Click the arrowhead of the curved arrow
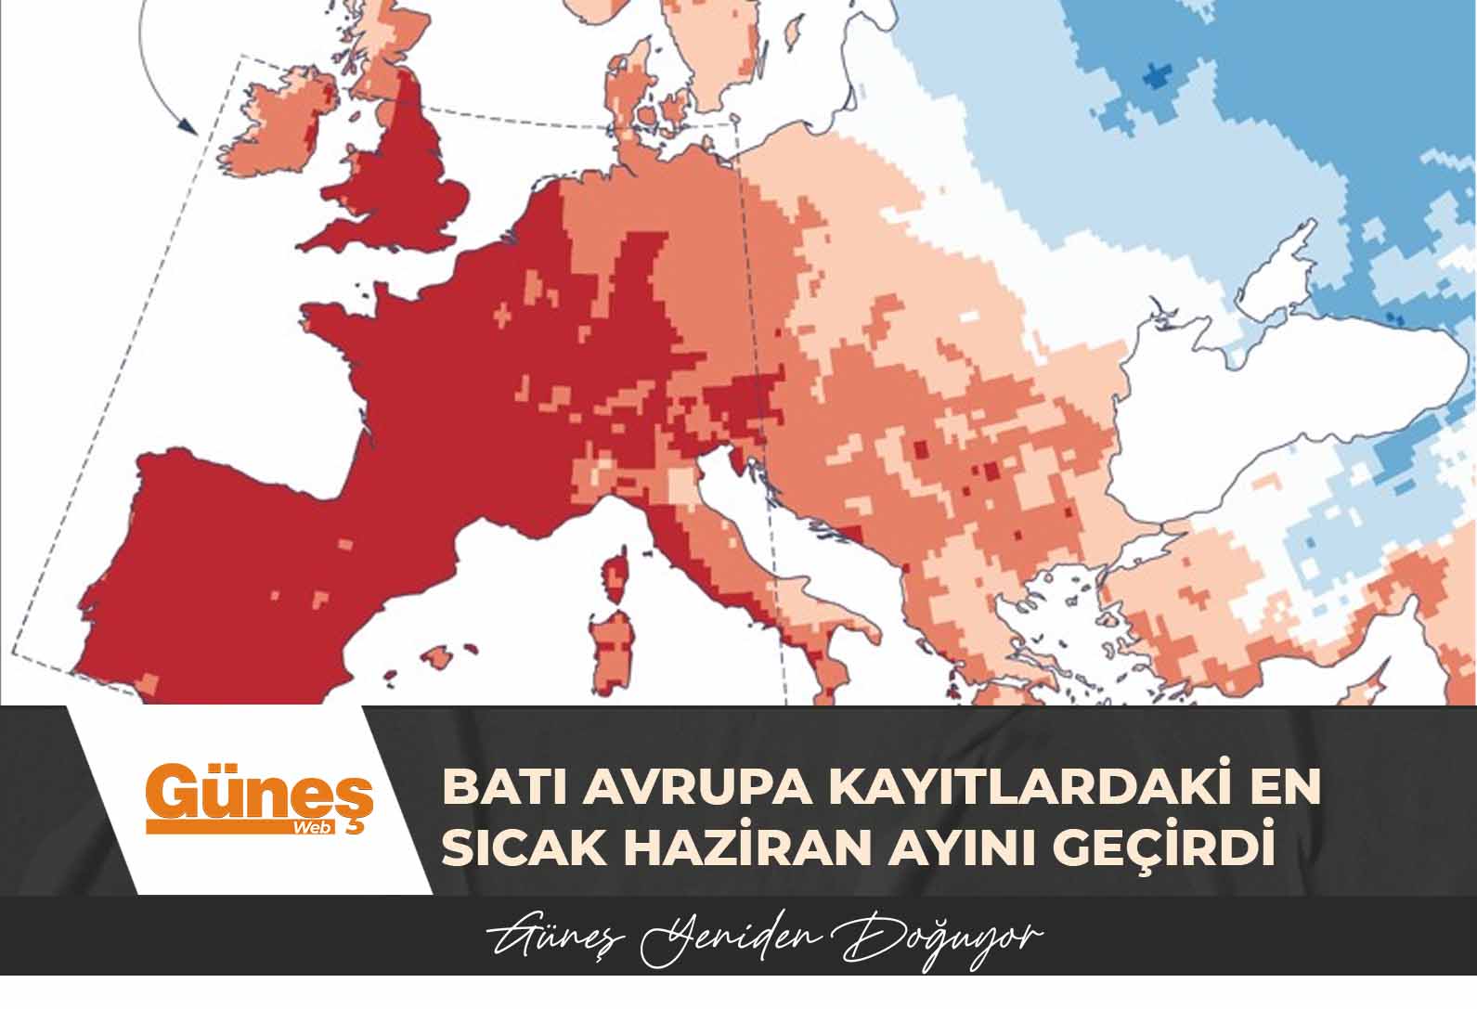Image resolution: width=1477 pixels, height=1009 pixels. (190, 128)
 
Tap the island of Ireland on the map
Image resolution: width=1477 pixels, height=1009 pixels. (279, 125)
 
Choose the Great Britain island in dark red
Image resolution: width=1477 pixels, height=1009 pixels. (408, 176)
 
